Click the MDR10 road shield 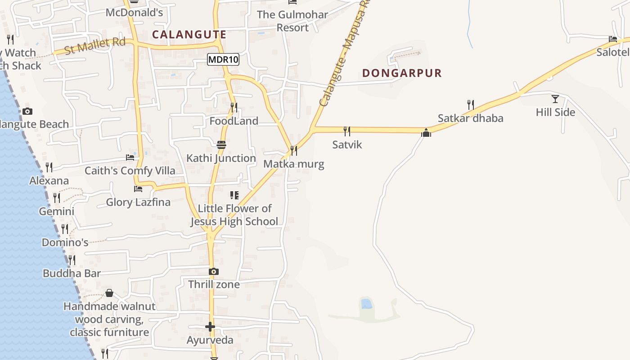[223, 59]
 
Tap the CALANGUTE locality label [189, 34]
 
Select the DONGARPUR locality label [402, 73]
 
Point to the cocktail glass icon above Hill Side [555, 99]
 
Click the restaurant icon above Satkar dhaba [470, 105]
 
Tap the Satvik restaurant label [347, 144]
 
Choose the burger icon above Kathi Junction [221, 144]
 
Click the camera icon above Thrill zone [214, 271]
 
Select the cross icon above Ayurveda [210, 327]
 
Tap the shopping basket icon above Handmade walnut [109, 293]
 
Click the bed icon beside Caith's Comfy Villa [130, 157]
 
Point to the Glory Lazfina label [138, 202]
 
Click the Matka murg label [293, 164]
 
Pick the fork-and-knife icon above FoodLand [234, 108]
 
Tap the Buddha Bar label [72, 273]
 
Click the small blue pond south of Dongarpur [366, 304]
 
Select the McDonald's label [134, 13]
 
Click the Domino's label [65, 243]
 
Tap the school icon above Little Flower [234, 195]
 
